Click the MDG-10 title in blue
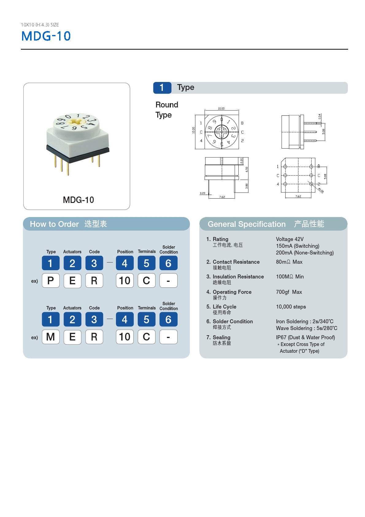coord(46,36)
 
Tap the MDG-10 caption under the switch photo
coord(78,200)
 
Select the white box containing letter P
coord(51,281)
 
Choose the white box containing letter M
coord(51,337)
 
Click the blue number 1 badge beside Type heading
coord(162,88)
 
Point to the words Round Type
coord(166,110)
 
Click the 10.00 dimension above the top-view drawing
coord(221,109)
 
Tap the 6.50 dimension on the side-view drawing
coord(247,169)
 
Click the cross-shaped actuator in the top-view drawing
coord(221,132)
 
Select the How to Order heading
coord(54,224)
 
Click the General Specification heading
coord(246,224)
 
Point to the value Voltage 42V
coord(290,239)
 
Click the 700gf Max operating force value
coord(289,292)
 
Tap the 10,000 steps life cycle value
coord(290,307)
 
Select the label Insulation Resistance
coord(238,277)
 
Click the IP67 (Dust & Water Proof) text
coord(305,337)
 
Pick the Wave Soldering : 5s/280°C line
coord(306,328)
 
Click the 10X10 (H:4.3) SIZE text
coord(40,25)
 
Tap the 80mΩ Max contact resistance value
coord(289,262)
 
